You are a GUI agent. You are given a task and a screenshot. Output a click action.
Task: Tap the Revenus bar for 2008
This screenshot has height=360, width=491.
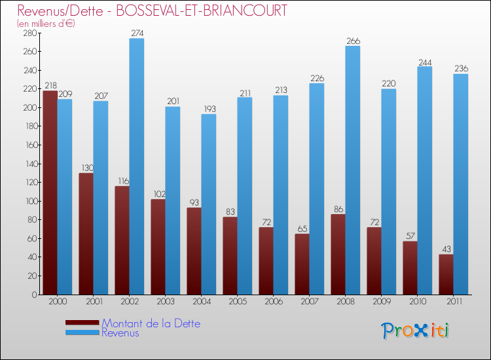pyautogui.click(x=353, y=170)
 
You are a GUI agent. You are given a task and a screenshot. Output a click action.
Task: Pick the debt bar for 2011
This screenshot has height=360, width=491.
pyautogui.click(x=446, y=274)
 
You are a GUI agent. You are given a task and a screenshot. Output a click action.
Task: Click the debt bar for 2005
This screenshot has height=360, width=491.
pyautogui.click(x=230, y=255)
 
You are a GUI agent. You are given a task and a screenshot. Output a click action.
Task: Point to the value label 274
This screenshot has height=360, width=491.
pyautogui.click(x=137, y=33)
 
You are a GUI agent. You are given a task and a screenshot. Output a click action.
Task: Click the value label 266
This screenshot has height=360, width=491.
pyautogui.click(x=353, y=41)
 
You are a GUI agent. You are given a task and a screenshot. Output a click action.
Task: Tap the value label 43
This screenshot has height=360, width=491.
pyautogui.click(x=446, y=249)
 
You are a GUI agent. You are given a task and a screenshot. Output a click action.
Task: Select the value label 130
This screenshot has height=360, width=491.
pyautogui.click(x=86, y=168)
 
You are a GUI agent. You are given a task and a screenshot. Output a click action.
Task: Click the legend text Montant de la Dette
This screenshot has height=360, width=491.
pyautogui.click(x=151, y=323)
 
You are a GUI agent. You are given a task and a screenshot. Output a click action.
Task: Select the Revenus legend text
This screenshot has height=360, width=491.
pyautogui.click(x=120, y=333)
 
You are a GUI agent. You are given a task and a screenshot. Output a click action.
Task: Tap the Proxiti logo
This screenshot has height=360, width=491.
pyautogui.click(x=415, y=331)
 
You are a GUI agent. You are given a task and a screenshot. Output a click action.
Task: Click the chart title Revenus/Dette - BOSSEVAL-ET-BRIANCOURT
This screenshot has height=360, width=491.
pyautogui.click(x=152, y=11)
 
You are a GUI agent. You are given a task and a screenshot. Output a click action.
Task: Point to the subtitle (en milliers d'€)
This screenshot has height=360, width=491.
pyautogui.click(x=46, y=24)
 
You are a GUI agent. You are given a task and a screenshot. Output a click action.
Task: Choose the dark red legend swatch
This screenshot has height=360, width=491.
pyautogui.click(x=82, y=323)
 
